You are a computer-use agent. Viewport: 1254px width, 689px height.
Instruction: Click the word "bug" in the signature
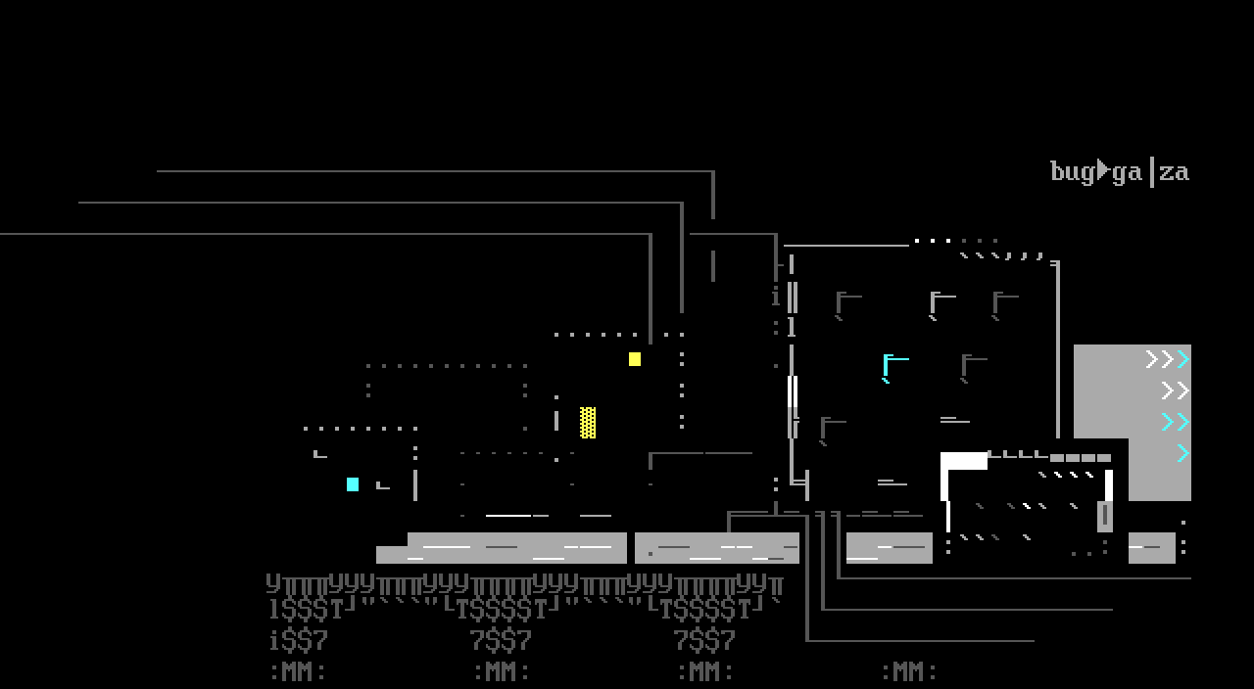[1072, 172]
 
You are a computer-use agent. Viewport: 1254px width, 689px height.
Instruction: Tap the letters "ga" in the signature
[1127, 173]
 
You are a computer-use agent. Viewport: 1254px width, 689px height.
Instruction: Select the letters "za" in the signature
[1174, 172]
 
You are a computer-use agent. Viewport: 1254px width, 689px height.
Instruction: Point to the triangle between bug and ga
[1103, 170]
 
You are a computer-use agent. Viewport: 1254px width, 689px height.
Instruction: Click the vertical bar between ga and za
[1151, 171]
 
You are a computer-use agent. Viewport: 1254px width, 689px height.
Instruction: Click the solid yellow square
[635, 359]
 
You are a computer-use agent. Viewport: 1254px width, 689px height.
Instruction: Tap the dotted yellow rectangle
[588, 423]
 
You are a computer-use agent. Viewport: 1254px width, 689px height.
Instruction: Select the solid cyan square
[353, 484]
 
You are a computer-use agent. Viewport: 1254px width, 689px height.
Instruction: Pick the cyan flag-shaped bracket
[893, 366]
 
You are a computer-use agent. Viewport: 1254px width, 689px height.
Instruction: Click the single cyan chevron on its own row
[1182, 453]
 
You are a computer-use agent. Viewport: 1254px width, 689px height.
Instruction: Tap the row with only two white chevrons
[1175, 391]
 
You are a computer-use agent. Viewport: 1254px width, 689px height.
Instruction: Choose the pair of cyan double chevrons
[1175, 422]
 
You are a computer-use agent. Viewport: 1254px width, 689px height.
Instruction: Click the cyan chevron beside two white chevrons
[1183, 359]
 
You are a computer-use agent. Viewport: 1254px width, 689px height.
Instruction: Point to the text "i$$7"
[298, 642]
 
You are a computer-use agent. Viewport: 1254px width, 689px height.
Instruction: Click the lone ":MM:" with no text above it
[909, 672]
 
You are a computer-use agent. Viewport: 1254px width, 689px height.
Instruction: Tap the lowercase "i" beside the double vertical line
[776, 298]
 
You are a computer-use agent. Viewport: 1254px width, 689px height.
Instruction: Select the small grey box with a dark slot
[1105, 515]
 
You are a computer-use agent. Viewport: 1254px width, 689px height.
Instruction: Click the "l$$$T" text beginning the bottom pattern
[306, 610]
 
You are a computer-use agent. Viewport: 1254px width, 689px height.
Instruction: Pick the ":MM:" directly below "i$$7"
[298, 672]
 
